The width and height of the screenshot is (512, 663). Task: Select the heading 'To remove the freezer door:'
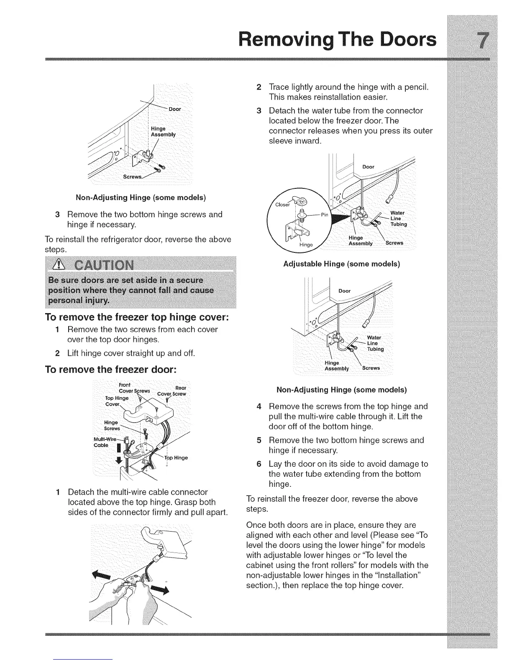pos(111,370)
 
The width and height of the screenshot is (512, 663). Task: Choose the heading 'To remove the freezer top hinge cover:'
pos(136,317)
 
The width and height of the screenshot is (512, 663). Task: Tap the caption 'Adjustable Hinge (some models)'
pos(341,264)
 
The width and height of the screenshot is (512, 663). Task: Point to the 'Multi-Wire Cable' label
pos(114,442)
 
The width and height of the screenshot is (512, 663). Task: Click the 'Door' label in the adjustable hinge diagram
pos(368,167)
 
